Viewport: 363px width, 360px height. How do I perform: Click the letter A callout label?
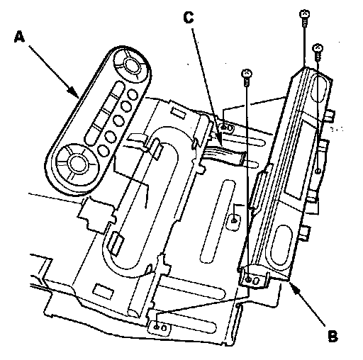coord(19,38)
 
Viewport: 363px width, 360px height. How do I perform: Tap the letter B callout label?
coord(333,335)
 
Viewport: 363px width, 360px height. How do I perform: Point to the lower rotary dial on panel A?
coord(76,163)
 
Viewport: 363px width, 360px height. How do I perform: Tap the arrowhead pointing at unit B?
coord(294,286)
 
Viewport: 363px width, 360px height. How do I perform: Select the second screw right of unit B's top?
coord(318,52)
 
